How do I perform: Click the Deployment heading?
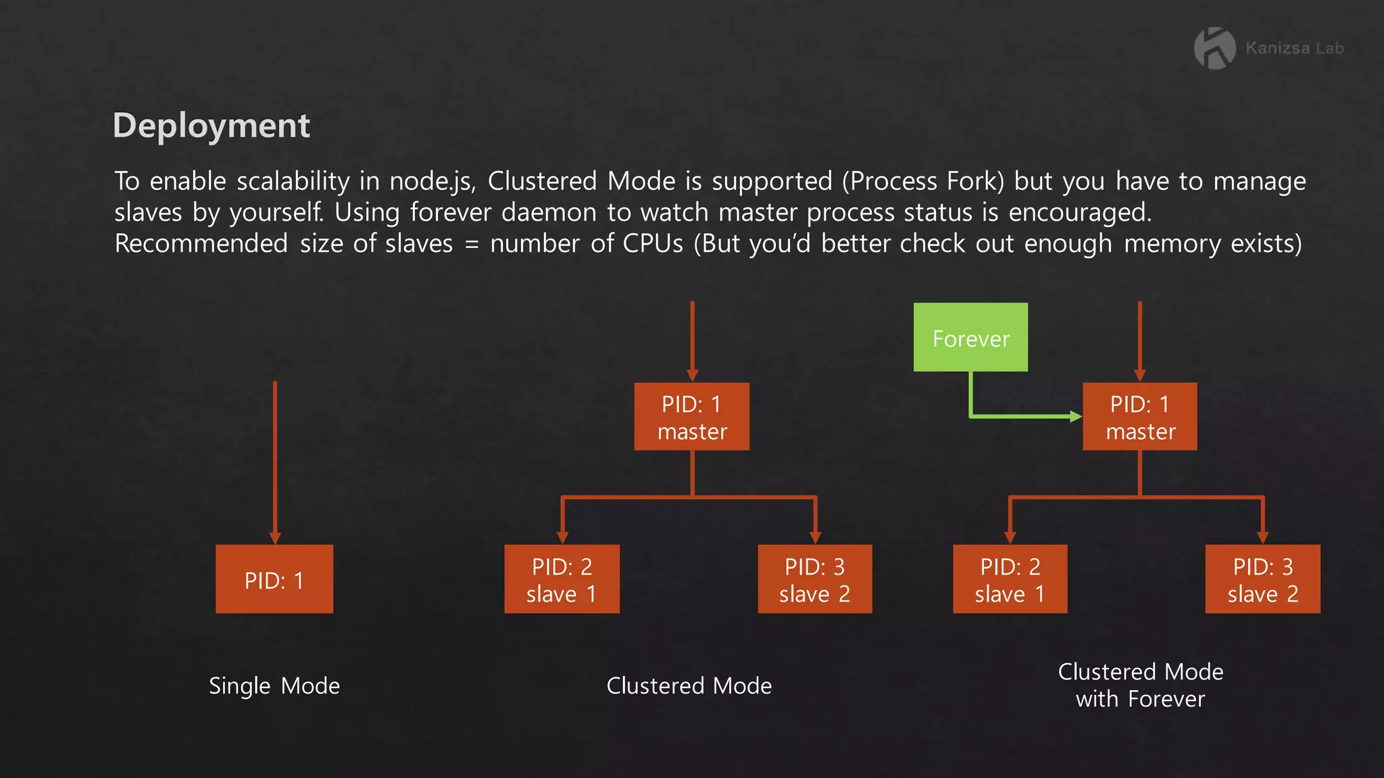click(211, 126)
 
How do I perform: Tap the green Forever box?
click(970, 337)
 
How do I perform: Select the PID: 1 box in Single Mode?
click(274, 579)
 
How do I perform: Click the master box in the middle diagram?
click(692, 417)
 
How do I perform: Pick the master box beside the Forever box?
click(1140, 417)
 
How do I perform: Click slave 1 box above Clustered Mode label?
click(562, 579)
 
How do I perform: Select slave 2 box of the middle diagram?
click(815, 579)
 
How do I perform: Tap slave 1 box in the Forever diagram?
click(1010, 579)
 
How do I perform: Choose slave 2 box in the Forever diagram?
click(1262, 579)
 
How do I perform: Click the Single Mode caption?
click(274, 686)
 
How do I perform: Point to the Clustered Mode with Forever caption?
click(1141, 685)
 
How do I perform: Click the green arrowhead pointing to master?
click(1076, 417)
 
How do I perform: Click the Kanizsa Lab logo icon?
click(1214, 48)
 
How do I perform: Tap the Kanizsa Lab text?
click(1294, 49)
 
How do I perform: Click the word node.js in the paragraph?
click(432, 182)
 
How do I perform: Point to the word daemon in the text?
click(549, 213)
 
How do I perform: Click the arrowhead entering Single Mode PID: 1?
click(275, 538)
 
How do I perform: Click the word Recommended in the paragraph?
click(201, 244)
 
